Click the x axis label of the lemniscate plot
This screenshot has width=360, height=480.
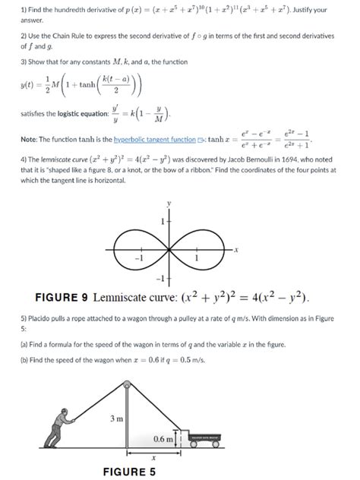[237, 248]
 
